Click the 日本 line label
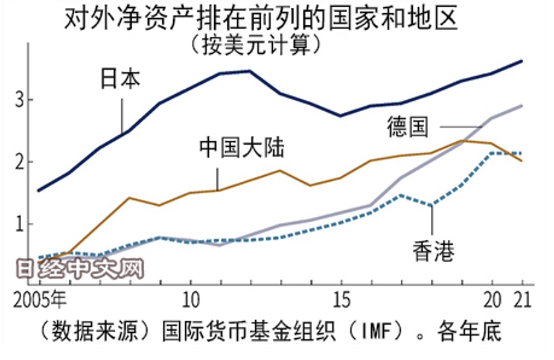pos(119,80)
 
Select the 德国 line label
pos(408,127)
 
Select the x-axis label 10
pos(191,300)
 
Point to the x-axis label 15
pos(341,300)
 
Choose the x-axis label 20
pos(491,300)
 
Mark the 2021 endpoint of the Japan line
pos(521,61)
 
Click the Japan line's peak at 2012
pos(249,71)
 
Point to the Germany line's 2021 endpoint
pos(521,106)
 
